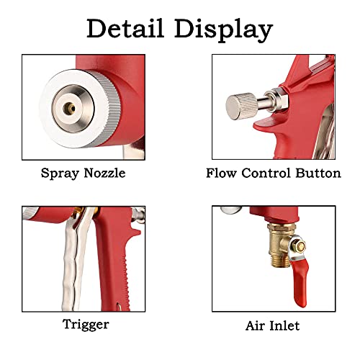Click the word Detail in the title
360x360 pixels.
[125, 28]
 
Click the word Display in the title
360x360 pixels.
[224, 30]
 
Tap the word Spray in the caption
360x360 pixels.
[60, 174]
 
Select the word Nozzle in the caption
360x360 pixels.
[104, 173]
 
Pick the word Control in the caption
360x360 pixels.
[266, 173]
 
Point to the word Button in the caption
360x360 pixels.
[318, 173]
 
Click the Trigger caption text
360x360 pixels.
[86, 325]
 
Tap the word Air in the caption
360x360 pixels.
[255, 325]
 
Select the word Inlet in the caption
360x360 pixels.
[284, 325]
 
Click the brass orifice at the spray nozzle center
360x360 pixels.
[69, 109]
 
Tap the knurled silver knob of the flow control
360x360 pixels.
[241, 106]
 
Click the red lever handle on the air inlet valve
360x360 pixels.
[300, 283]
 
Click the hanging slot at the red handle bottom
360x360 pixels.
[119, 307]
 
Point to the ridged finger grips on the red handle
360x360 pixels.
[125, 276]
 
